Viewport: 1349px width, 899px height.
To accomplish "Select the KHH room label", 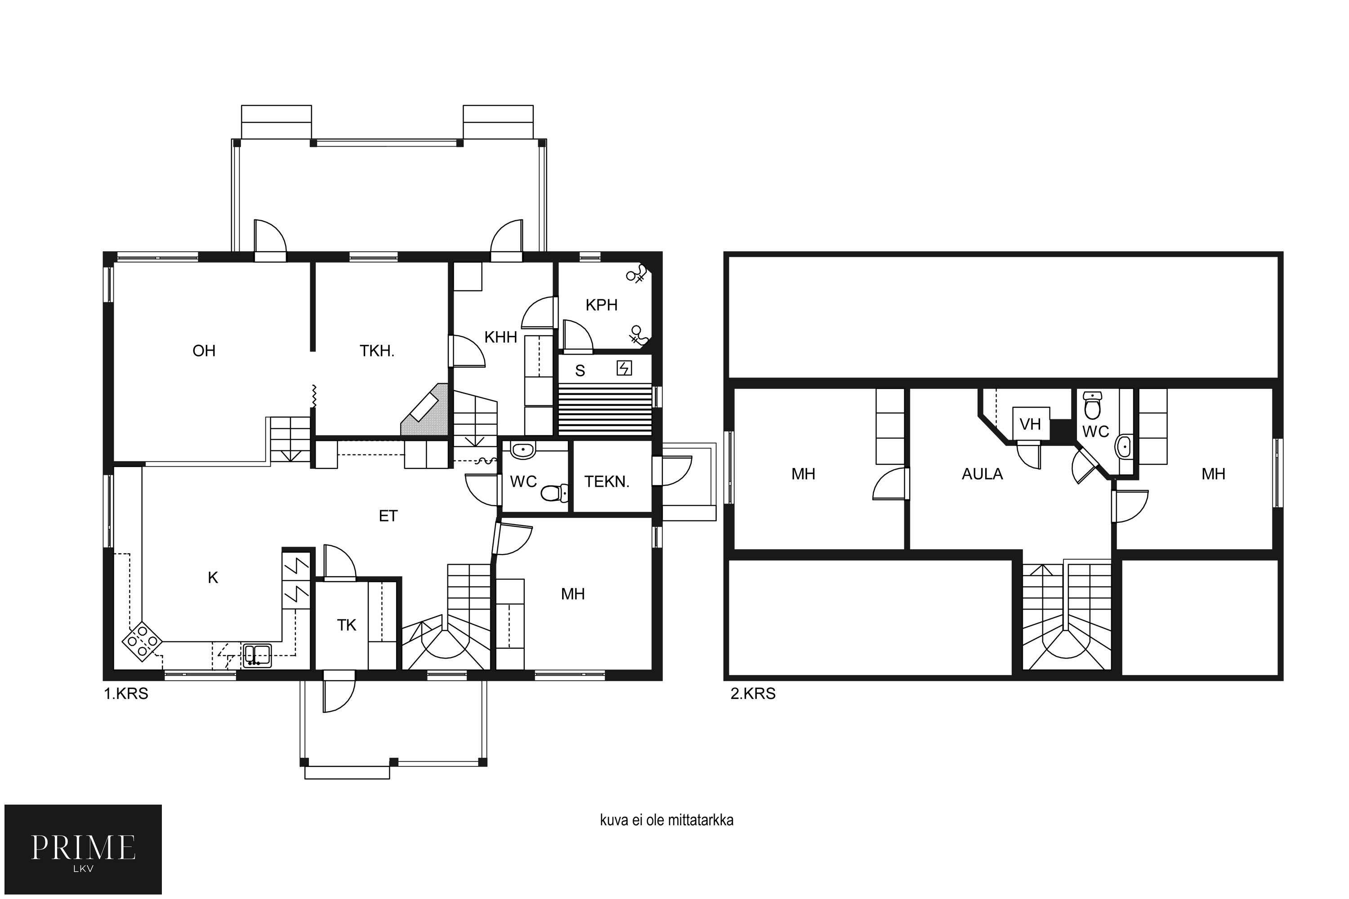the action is click(x=501, y=337).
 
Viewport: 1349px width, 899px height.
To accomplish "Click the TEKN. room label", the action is click(x=607, y=481).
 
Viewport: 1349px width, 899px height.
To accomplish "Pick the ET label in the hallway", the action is click(x=389, y=516).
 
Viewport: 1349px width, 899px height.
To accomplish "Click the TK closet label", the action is click(x=346, y=625).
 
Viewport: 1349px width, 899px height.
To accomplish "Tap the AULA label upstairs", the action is click(x=983, y=474).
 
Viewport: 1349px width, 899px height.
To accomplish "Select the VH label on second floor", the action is click(x=1030, y=424).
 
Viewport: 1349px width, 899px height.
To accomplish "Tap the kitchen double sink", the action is click(x=258, y=656).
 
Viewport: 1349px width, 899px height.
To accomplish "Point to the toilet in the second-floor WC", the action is click(x=1093, y=405).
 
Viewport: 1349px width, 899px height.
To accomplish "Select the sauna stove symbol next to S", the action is click(x=624, y=368).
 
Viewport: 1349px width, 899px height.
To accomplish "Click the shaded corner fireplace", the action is click(x=425, y=409).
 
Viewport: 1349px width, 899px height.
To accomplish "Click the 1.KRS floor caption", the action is click(x=125, y=694).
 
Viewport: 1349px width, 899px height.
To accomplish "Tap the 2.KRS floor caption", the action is click(x=753, y=694).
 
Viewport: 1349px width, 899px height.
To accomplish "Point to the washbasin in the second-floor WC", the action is click(x=1125, y=445).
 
